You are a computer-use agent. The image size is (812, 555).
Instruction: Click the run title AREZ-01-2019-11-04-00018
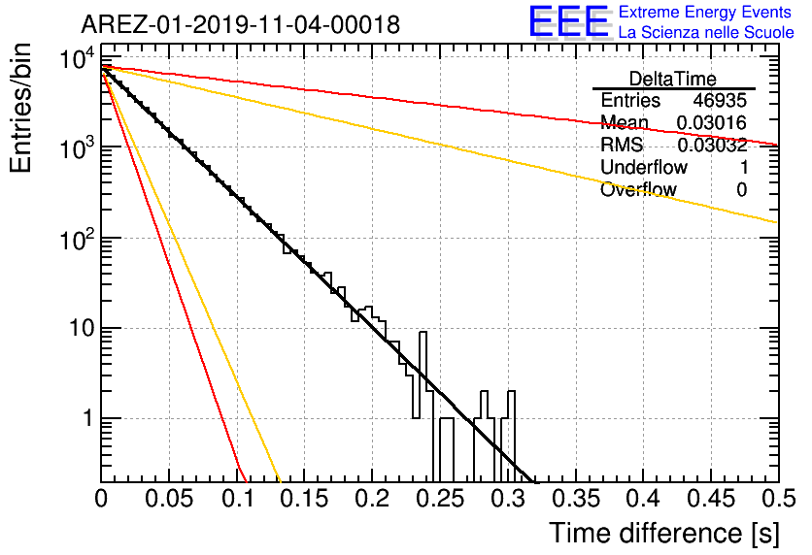pos(241,24)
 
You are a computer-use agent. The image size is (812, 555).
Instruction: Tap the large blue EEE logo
pos(568,21)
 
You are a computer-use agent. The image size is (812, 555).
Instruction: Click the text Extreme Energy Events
pos(705,12)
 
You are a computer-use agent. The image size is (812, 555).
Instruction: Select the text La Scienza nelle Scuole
pos(706,32)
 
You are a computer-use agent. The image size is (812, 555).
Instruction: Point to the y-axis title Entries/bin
pos(20,109)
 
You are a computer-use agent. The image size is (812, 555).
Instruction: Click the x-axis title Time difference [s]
pos(664,533)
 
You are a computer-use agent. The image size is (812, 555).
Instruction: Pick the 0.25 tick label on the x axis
pos(441,499)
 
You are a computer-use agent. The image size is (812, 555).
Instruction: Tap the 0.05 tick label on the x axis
pos(169,499)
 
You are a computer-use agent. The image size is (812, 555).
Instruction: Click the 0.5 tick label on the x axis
pos(779,499)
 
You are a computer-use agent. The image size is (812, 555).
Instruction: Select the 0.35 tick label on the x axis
pos(576,499)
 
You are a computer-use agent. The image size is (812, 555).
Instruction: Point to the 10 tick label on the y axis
pos(83,328)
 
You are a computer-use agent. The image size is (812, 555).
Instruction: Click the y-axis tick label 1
pos(88,418)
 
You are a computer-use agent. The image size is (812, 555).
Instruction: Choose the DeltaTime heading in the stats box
pos(673,79)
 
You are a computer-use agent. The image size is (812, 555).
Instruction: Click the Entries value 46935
pos(720,100)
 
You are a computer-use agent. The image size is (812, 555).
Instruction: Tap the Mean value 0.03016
pos(712,122)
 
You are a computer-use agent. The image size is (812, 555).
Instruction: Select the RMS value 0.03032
pos(712,145)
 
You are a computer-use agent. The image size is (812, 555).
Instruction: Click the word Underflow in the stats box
pos(644,167)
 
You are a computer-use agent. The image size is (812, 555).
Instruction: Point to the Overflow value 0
pos(742,190)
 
